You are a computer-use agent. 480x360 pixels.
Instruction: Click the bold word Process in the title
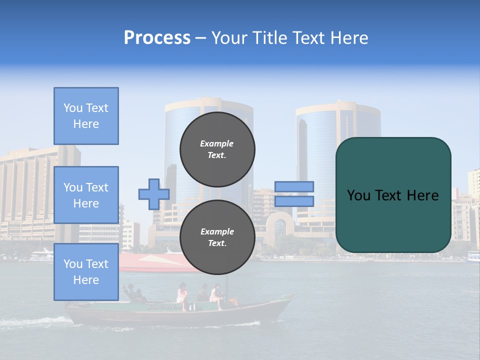(x=157, y=38)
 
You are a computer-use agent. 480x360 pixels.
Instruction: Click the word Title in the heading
(x=269, y=38)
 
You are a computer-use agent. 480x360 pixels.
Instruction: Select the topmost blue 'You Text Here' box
(x=86, y=116)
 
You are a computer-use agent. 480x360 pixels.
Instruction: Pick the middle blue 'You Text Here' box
(x=86, y=195)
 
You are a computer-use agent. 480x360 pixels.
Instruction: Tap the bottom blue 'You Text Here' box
(x=86, y=272)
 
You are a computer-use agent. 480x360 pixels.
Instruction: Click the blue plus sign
(x=154, y=194)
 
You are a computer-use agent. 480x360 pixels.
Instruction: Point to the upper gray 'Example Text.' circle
(x=217, y=149)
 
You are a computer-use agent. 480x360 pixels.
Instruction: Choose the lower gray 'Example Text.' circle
(x=217, y=237)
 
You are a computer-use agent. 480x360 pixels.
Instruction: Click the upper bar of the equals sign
(x=294, y=186)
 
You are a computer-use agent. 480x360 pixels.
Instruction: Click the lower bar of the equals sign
(x=294, y=201)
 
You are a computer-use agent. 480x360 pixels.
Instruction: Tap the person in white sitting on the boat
(x=216, y=296)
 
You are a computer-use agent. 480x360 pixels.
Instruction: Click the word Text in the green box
(x=392, y=195)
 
